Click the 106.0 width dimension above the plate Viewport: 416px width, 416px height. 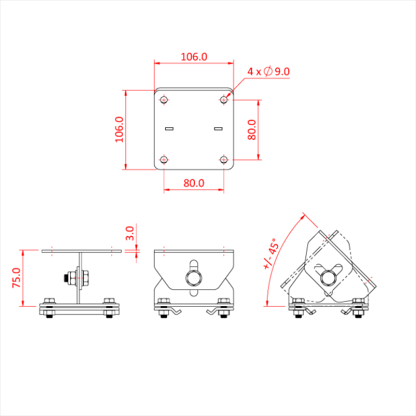pos(194,57)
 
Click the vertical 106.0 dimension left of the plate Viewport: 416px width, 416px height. pos(118,129)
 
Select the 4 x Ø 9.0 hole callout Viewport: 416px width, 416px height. pos(269,71)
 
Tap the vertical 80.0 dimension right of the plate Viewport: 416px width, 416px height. pos(251,130)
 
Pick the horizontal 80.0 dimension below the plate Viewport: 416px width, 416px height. pos(194,183)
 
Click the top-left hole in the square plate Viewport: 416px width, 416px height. pos(164,100)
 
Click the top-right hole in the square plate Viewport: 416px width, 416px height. pos(223,100)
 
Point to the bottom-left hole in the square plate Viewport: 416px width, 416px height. pos(164,159)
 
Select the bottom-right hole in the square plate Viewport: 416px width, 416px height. pos(223,159)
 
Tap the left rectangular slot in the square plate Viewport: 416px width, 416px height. pos(169,128)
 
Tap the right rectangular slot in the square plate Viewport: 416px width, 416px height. pos(218,128)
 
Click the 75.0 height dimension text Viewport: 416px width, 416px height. pos(17,278)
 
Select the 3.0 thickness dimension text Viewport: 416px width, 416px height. pos(130,232)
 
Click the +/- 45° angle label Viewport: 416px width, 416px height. pos(270,254)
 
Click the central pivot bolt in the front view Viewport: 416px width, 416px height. pos(194,277)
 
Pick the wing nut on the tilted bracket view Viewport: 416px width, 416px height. pos(327,277)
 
